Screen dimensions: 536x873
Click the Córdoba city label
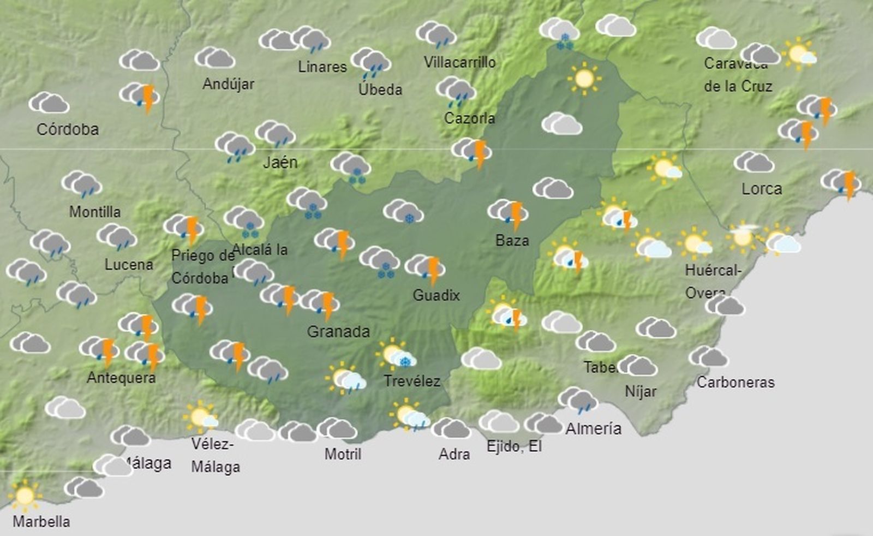click(x=68, y=129)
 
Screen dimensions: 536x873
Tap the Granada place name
click(x=338, y=331)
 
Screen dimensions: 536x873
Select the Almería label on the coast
click(x=593, y=428)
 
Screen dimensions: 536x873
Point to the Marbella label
click(x=41, y=521)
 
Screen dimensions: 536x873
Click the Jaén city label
click(x=280, y=162)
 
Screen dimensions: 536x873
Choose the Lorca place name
click(x=762, y=189)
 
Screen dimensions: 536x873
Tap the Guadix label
click(x=436, y=295)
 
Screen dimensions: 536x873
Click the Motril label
click(x=343, y=454)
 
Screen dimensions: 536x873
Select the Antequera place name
click(x=121, y=378)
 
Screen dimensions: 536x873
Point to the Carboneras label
click(x=736, y=382)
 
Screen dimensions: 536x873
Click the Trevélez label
click(x=411, y=380)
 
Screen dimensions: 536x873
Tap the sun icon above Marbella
click(x=25, y=496)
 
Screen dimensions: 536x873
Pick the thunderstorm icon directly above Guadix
click(x=426, y=269)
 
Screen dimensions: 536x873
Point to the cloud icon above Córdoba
click(x=49, y=103)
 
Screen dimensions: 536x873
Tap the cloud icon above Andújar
click(x=215, y=58)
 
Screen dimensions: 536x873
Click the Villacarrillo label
click(x=459, y=62)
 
